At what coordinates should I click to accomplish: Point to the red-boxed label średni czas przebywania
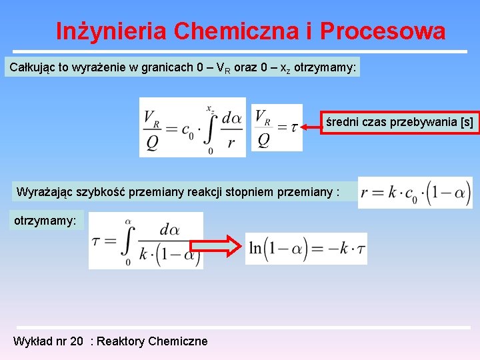click(399, 123)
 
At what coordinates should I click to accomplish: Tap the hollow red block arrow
click(223, 246)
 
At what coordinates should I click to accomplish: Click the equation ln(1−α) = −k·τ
click(306, 248)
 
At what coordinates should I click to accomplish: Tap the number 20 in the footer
click(77, 341)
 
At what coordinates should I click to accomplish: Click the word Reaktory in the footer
click(122, 341)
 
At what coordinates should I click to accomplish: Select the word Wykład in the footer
click(31, 341)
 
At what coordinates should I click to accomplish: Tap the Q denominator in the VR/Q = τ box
click(264, 141)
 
